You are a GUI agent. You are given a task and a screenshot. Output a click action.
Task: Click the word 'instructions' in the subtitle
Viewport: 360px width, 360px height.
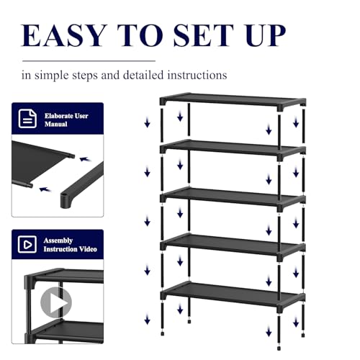point(195,74)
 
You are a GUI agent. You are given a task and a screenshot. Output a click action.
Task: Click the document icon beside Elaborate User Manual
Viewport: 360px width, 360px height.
point(27,120)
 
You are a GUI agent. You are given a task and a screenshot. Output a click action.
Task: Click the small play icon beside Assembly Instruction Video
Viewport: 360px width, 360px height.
point(27,246)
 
